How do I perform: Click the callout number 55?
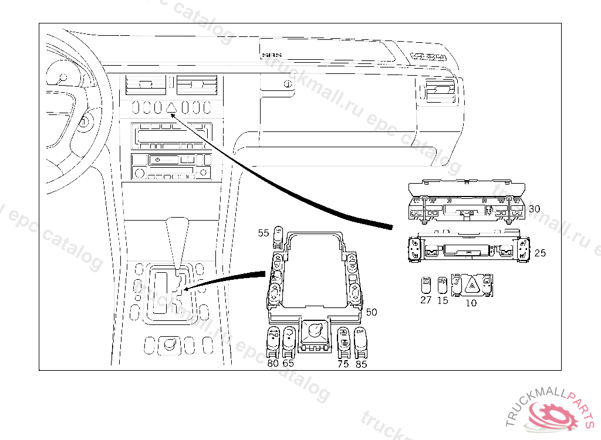[264, 233]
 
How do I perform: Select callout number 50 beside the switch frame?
[372, 312]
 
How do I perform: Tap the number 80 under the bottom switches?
[273, 363]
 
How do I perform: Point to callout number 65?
[288, 363]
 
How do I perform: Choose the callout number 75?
[343, 364]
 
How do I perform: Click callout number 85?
[362, 364]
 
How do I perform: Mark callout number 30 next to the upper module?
[534, 208]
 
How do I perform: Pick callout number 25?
[540, 253]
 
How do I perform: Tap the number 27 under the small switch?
[426, 300]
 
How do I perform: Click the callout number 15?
[443, 300]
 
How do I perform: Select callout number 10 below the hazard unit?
[471, 303]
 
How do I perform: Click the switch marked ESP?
[361, 340]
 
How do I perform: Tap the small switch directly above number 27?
[427, 283]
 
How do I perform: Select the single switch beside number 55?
[280, 236]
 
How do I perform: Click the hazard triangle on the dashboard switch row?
[172, 107]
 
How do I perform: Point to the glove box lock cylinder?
[287, 84]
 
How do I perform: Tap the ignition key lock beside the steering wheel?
[84, 122]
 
